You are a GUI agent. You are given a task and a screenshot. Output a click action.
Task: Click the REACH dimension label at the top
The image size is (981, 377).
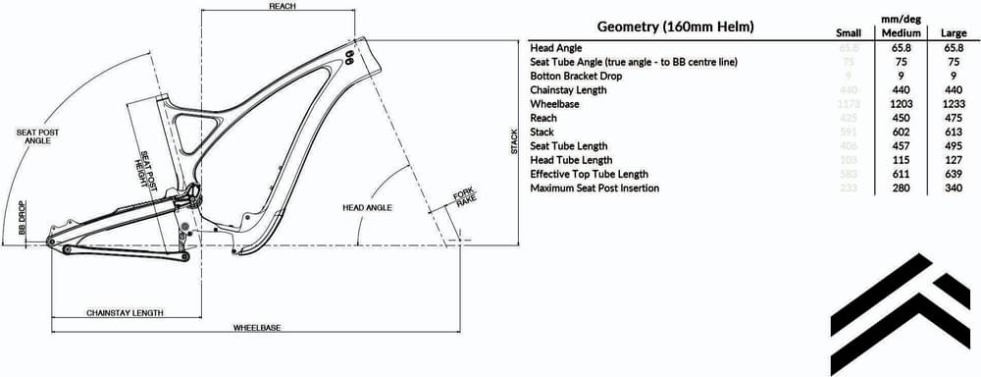click(283, 6)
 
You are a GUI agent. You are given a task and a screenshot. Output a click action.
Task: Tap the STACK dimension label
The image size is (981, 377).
click(513, 143)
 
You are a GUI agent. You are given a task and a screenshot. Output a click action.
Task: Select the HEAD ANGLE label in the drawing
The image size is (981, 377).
click(367, 208)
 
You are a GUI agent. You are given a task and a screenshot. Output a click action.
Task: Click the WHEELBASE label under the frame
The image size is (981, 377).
click(252, 327)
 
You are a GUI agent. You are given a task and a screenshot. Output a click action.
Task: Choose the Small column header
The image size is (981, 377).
click(848, 33)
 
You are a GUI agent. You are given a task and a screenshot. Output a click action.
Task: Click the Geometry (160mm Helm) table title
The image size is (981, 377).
click(675, 27)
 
